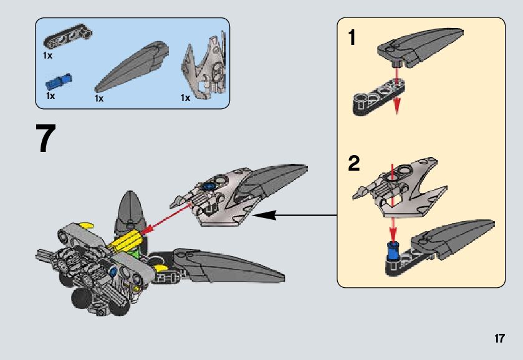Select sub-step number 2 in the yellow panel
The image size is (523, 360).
click(353, 164)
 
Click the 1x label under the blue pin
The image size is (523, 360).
click(50, 97)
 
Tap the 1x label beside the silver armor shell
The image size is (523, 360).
click(185, 98)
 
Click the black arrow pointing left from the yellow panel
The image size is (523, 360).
click(274, 216)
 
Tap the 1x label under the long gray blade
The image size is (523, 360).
click(99, 98)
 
